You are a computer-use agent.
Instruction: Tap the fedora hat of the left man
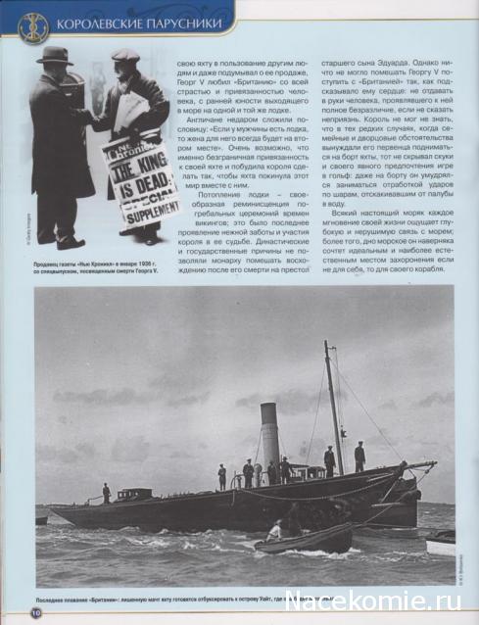pyautogui.click(x=54, y=55)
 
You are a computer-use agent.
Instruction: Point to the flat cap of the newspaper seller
pyautogui.click(x=125, y=56)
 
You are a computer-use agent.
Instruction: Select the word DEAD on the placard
pyautogui.click(x=145, y=185)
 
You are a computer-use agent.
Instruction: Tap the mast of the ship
pyautogui.click(x=333, y=402)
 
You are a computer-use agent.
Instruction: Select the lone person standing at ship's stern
pyautogui.click(x=106, y=492)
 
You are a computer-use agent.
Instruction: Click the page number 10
pyautogui.click(x=34, y=612)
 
